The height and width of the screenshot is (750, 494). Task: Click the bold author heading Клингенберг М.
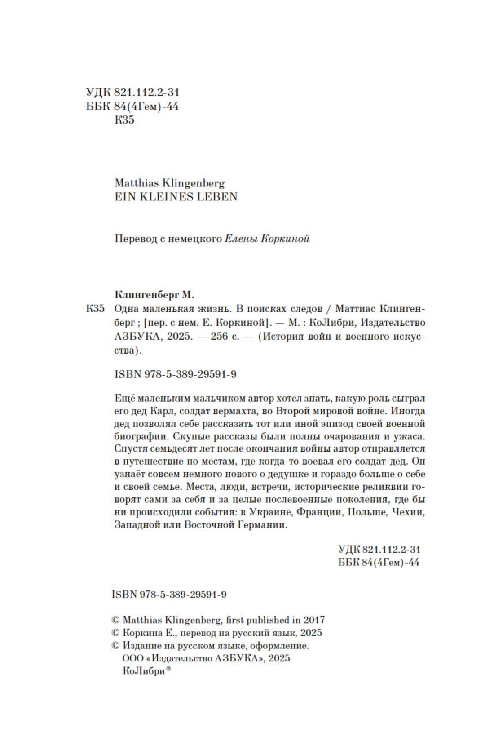[x=154, y=295]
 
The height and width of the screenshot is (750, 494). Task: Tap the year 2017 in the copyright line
[x=314, y=620]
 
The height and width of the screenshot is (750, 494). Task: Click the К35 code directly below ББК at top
[x=124, y=120]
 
